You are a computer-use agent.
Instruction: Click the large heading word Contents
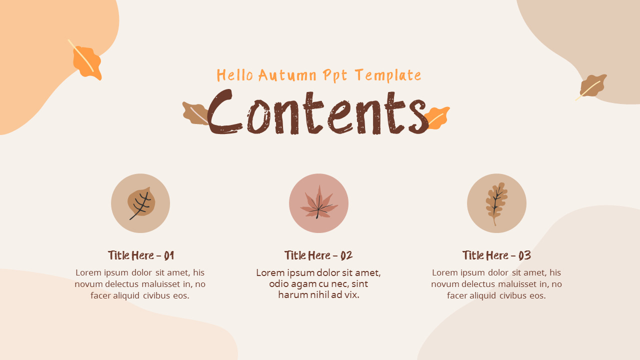tap(317, 111)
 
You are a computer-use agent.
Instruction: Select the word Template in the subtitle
tap(388, 75)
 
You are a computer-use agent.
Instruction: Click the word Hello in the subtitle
tap(235, 75)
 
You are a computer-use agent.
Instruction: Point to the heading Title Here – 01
tap(141, 255)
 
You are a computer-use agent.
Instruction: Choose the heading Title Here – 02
tap(318, 255)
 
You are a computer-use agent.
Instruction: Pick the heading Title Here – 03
tap(496, 255)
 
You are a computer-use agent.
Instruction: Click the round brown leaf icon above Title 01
tap(141, 203)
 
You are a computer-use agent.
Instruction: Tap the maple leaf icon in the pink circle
tap(319, 202)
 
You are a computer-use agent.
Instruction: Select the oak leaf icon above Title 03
tap(496, 203)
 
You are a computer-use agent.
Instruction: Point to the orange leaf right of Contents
tap(437, 117)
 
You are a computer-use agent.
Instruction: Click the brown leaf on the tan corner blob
tap(592, 86)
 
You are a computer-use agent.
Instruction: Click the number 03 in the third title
tap(524, 255)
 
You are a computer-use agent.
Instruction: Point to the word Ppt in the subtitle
tap(335, 75)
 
